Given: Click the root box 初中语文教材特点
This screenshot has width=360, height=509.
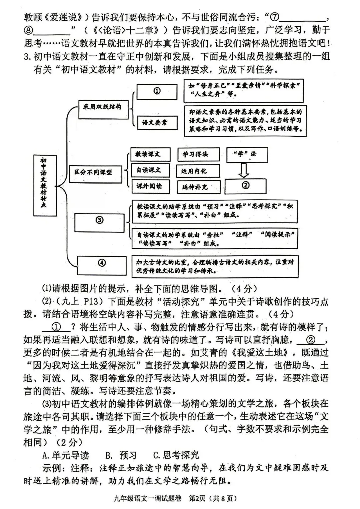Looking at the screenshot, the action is pyautogui.click(x=45, y=185).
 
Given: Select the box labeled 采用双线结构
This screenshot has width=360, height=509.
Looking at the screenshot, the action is pyautogui.click(x=103, y=109).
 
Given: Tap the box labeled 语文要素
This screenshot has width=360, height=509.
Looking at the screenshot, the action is pyautogui.click(x=157, y=123).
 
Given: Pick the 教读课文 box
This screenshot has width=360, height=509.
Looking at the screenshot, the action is pyautogui.click(x=150, y=154).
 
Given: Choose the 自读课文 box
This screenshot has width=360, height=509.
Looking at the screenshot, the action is pyautogui.click(x=150, y=170).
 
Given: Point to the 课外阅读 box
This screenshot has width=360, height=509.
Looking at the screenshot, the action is pyautogui.click(x=150, y=186).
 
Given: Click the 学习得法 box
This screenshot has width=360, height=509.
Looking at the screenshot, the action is pyautogui.click(x=198, y=154).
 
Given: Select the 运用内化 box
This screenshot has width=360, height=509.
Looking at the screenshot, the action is pyautogui.click(x=198, y=171).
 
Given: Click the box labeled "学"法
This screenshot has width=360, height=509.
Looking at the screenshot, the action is pyautogui.click(x=247, y=154).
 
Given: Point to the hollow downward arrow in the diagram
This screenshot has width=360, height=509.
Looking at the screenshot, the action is pyautogui.click(x=244, y=170).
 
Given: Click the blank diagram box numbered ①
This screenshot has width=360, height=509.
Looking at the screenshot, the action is pyautogui.click(x=157, y=91).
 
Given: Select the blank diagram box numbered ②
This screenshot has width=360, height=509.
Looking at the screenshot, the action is pyautogui.click(x=246, y=186).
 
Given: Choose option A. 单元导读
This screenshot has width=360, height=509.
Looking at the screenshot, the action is pyautogui.click(x=66, y=455).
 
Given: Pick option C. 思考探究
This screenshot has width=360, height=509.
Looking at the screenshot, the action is pyautogui.click(x=176, y=455).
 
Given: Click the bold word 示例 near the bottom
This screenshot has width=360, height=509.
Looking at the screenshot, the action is pyautogui.click(x=52, y=468).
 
